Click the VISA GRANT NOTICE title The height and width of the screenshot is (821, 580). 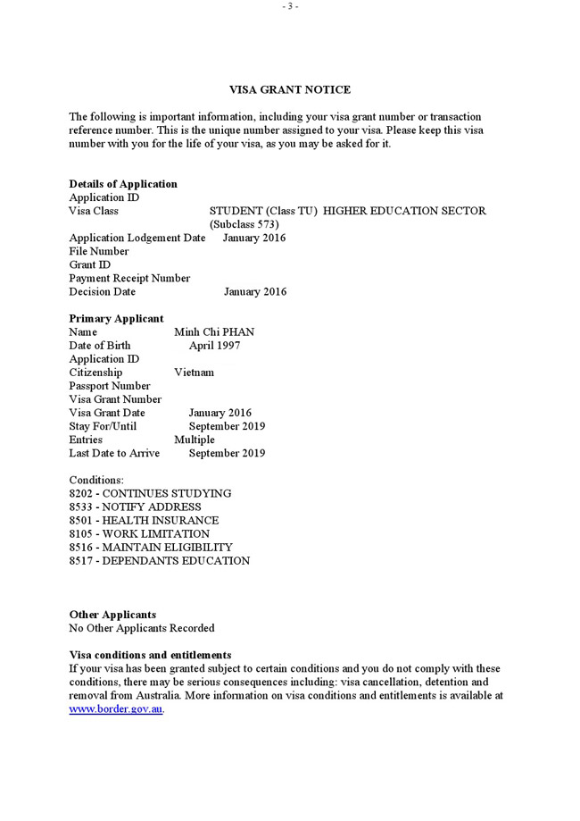pyautogui.click(x=290, y=90)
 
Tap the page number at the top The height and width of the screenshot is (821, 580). pyautogui.click(x=290, y=6)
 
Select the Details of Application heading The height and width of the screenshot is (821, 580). pyautogui.click(x=123, y=184)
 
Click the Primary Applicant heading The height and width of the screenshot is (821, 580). pyautogui.click(x=117, y=319)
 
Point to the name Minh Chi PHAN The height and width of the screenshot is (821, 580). pyautogui.click(x=214, y=332)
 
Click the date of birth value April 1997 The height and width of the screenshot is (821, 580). pyautogui.click(x=214, y=346)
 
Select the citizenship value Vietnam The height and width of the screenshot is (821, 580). pyautogui.click(x=194, y=373)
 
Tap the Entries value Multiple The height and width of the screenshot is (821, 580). pyautogui.click(x=195, y=440)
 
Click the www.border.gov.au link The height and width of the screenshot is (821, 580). pyautogui.click(x=116, y=709)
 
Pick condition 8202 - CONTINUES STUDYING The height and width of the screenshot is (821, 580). pyautogui.click(x=150, y=494)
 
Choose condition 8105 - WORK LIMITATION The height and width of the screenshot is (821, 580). pyautogui.click(x=139, y=534)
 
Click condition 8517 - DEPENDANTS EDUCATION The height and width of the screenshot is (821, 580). pyautogui.click(x=160, y=561)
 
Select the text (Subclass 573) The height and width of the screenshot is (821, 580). pyautogui.click(x=244, y=224)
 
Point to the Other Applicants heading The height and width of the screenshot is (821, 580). pyautogui.click(x=112, y=615)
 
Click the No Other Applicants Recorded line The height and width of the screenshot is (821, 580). pyautogui.click(x=142, y=628)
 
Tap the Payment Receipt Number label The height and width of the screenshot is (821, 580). pyautogui.click(x=129, y=279)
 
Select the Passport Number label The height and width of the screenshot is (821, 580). pyautogui.click(x=110, y=386)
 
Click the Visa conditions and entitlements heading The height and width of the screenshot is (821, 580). pyautogui.click(x=150, y=655)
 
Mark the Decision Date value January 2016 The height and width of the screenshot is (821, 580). pyautogui.click(x=255, y=292)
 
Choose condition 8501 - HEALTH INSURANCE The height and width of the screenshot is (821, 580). pyautogui.click(x=144, y=521)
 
